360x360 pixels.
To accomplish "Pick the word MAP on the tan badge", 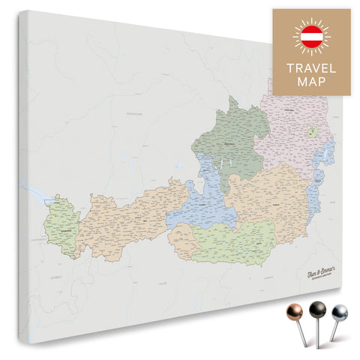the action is click(x=311, y=82).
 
